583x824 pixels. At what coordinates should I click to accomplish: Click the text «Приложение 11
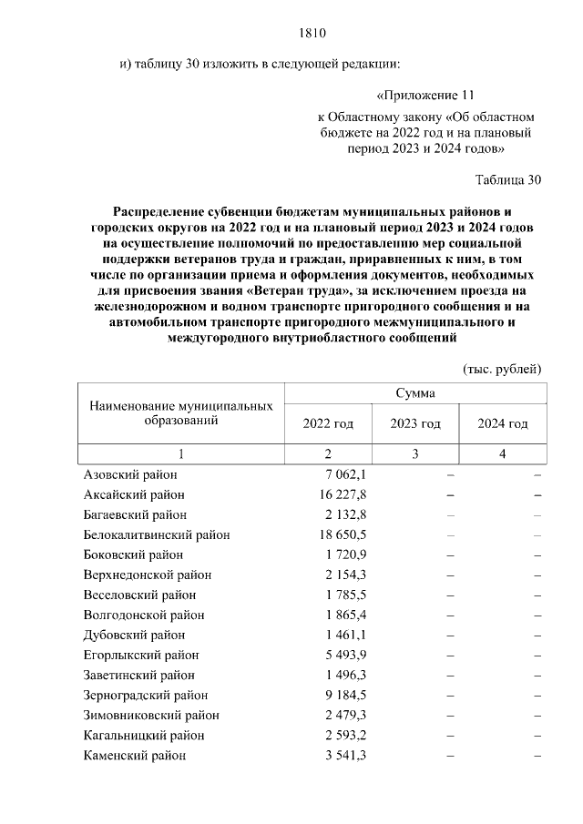tap(425, 95)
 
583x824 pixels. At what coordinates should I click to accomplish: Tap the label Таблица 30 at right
tap(508, 179)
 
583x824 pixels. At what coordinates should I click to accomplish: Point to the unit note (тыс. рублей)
tap(502, 369)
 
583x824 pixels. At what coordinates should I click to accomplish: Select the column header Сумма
tap(414, 393)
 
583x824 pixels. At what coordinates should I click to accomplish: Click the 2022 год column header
tap(328, 423)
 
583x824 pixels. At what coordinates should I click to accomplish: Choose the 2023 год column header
tap(415, 423)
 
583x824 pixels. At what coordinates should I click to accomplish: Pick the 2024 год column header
tap(503, 423)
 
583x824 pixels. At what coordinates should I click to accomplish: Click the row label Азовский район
tap(130, 474)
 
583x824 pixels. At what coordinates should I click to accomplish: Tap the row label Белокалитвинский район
tap(157, 534)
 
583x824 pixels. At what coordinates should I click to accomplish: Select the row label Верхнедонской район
tap(148, 575)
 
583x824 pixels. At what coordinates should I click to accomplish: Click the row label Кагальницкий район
tap(144, 735)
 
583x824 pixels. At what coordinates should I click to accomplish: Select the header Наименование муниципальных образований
tap(182, 413)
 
